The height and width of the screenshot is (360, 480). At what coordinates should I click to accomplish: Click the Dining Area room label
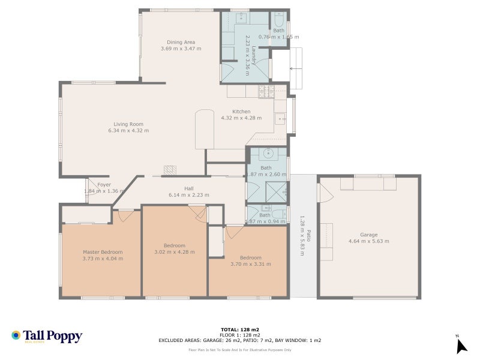(x=181, y=42)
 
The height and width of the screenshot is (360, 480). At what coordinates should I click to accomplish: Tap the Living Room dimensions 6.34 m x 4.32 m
(x=128, y=130)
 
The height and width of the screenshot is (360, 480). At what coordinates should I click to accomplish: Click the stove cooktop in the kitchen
(x=266, y=91)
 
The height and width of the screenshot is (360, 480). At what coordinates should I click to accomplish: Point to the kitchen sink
(x=280, y=118)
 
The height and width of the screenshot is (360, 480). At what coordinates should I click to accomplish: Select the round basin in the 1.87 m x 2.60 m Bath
(x=268, y=154)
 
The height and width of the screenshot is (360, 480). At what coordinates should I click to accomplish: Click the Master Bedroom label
(x=103, y=252)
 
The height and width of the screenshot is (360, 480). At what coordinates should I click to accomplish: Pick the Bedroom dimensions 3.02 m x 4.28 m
(x=175, y=252)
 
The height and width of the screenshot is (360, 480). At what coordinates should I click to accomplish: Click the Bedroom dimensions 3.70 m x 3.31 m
(x=250, y=263)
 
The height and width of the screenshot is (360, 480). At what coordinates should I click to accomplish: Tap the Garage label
(x=368, y=235)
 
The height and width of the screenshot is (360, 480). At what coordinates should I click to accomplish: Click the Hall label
(x=172, y=188)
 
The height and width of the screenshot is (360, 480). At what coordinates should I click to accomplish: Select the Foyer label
(x=104, y=185)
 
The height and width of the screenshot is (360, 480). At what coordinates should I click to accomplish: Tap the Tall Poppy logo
(x=47, y=337)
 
